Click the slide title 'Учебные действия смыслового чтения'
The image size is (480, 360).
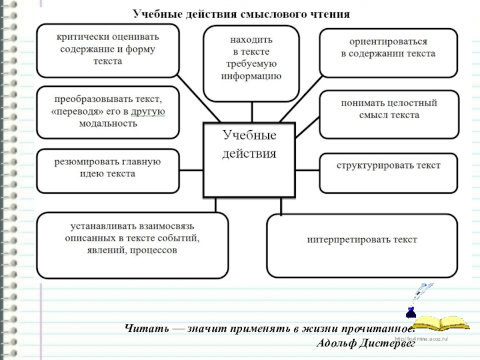241,13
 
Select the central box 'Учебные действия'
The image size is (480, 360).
249,160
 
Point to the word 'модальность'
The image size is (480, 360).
108,124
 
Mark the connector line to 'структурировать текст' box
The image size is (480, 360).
307,169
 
